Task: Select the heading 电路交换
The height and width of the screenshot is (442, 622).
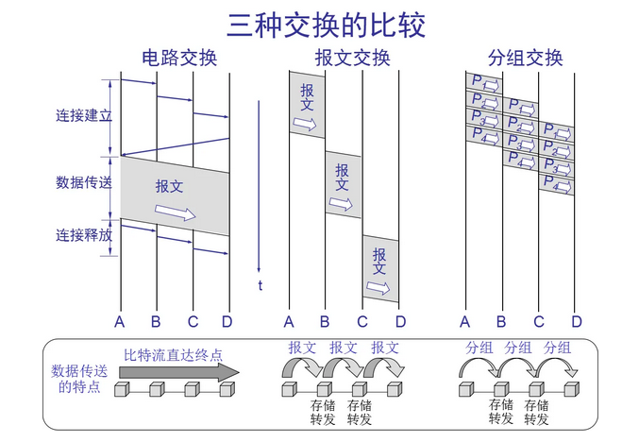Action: tap(178, 59)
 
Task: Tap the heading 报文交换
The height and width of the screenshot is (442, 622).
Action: tap(352, 59)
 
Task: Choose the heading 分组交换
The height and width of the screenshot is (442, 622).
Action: tap(526, 59)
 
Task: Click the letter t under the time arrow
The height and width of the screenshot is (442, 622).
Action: tap(260, 285)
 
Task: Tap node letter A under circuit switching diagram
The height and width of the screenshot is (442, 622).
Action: tap(120, 322)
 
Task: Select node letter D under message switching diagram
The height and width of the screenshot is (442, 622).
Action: tap(400, 322)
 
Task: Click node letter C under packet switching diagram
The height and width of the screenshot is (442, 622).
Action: tap(539, 322)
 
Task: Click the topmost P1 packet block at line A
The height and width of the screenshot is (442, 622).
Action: tap(482, 82)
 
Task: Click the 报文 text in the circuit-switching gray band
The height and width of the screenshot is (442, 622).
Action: tap(170, 187)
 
